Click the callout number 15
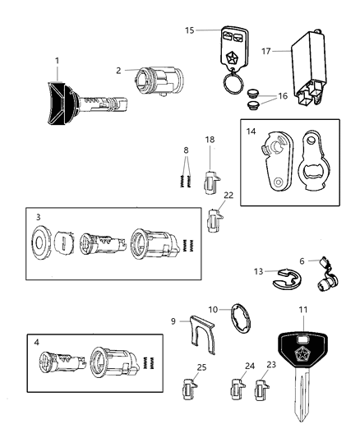pos(190,30)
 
